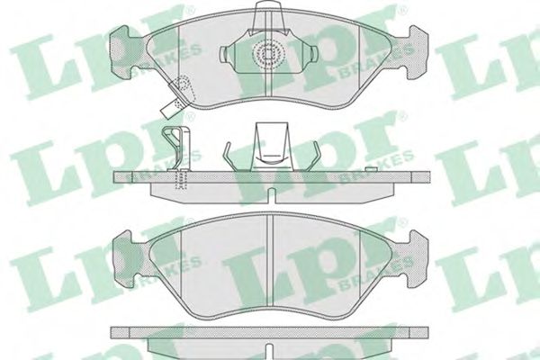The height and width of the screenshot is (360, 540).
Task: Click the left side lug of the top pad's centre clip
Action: [x=224, y=53]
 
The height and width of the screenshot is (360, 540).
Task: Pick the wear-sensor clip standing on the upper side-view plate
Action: [x=176, y=148]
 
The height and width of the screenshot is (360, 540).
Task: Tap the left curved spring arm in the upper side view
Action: [x=230, y=156]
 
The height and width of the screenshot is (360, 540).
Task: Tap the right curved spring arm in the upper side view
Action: [x=312, y=156]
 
